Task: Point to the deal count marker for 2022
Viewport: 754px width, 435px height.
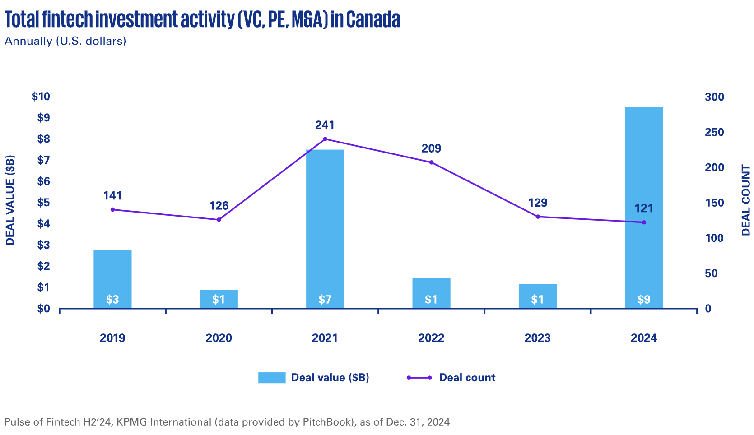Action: pos(431,162)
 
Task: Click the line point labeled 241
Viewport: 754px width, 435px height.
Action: pos(325,139)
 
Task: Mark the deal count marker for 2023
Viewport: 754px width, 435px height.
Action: pos(538,217)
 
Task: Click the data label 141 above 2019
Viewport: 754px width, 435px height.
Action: pos(112,195)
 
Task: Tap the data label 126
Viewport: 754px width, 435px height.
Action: pos(219,206)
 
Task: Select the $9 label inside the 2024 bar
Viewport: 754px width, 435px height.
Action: pos(643,300)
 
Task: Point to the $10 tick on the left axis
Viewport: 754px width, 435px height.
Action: pos(41,97)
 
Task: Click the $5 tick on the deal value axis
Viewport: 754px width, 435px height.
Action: pos(43,203)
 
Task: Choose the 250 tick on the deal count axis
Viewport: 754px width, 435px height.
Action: pos(714,132)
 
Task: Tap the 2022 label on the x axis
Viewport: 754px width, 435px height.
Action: pos(431,338)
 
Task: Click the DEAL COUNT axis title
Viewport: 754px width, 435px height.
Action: pos(746,200)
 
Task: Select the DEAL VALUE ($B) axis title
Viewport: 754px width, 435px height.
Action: pos(10,200)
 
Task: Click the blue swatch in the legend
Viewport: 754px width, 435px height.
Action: pos(272,378)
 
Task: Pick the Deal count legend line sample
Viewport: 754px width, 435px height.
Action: pos(419,378)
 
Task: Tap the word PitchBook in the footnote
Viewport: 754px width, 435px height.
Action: pos(326,422)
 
